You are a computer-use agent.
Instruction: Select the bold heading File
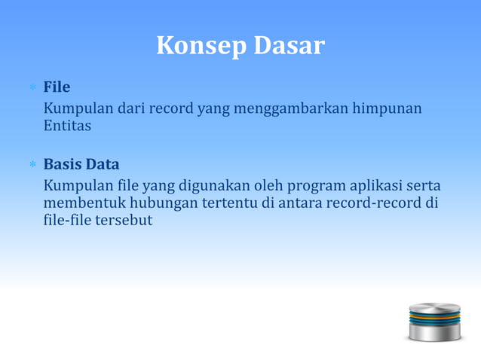pos(57,87)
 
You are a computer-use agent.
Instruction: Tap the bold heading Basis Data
pos(81,164)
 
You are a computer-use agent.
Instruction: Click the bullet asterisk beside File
pos(32,88)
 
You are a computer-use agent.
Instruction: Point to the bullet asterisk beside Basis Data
pos(32,165)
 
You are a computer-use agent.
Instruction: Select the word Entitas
pos(67,127)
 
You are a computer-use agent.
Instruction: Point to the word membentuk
pos(84,203)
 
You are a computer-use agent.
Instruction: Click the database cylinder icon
pos(434,321)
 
